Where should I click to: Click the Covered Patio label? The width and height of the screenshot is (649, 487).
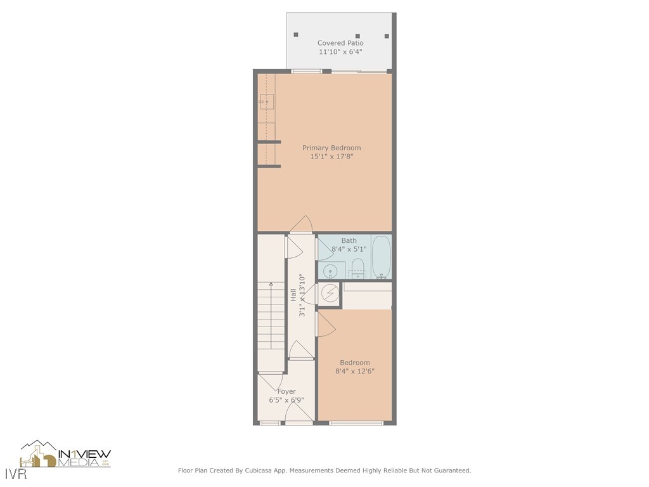pyautogui.click(x=340, y=43)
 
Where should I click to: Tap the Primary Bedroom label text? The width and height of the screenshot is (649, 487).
pyautogui.click(x=331, y=148)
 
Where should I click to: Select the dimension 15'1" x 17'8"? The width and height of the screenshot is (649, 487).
pyautogui.click(x=331, y=157)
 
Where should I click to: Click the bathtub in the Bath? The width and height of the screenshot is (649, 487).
pyautogui.click(x=381, y=257)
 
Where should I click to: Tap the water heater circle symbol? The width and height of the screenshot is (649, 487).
pyautogui.click(x=330, y=293)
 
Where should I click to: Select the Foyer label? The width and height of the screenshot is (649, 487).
pyautogui.click(x=286, y=391)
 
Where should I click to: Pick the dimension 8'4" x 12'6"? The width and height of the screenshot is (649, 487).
pyautogui.click(x=355, y=372)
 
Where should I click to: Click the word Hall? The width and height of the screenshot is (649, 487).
pyautogui.click(x=293, y=295)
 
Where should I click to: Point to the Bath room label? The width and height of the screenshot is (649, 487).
pyautogui.click(x=349, y=240)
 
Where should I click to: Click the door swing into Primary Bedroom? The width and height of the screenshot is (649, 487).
pyautogui.click(x=302, y=224)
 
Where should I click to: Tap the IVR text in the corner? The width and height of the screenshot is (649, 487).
pyautogui.click(x=13, y=474)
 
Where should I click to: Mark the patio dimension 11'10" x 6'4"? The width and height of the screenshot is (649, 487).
pyautogui.click(x=340, y=52)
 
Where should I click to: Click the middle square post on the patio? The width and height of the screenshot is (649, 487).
pyautogui.click(x=358, y=36)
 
